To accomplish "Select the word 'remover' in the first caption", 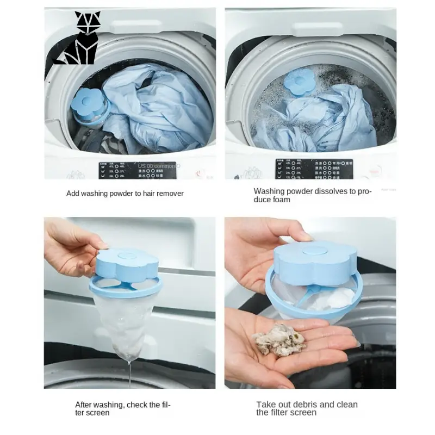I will coord(170,194).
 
